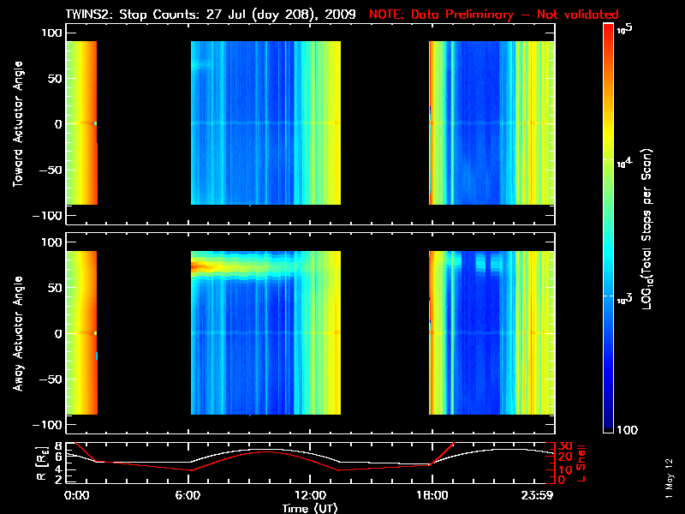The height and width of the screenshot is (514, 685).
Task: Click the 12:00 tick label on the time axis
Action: tap(310, 495)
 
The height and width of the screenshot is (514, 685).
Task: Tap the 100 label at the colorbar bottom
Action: tap(630, 428)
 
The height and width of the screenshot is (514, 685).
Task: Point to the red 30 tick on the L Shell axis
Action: tap(563, 445)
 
